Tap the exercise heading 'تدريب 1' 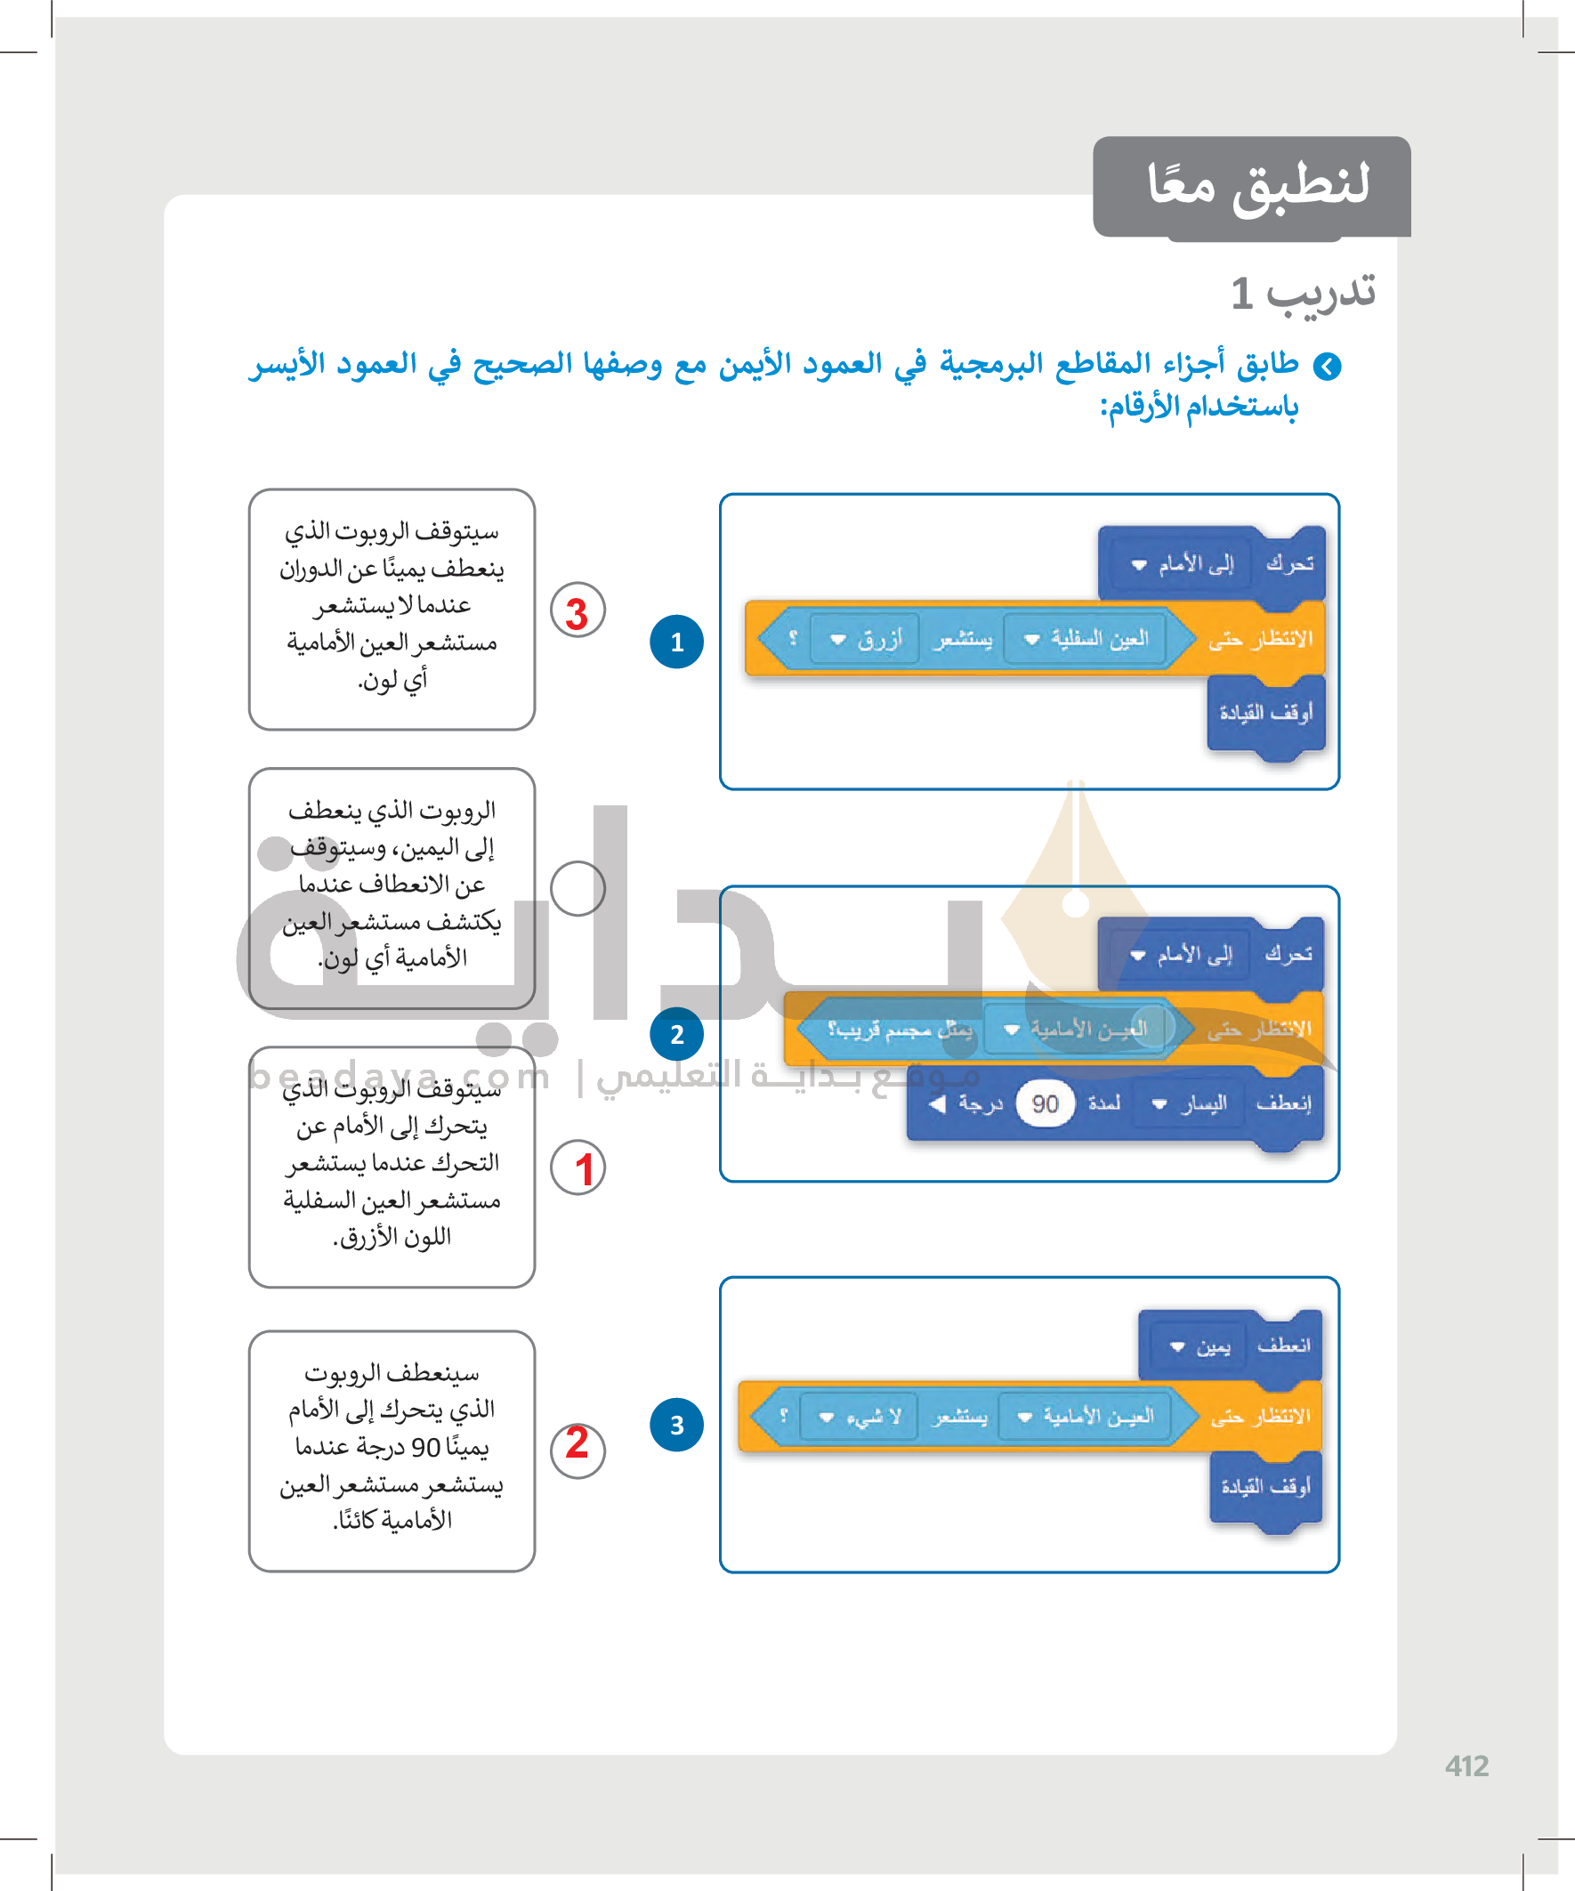[1302, 293]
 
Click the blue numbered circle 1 [676, 641]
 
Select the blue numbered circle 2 [676, 1034]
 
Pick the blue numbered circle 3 [676, 1425]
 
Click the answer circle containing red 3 [577, 610]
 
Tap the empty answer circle [577, 888]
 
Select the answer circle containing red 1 [577, 1168]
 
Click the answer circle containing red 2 [577, 1451]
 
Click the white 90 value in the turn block [1045, 1103]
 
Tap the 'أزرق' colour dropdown [864, 638]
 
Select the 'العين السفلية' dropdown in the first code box [1086, 638]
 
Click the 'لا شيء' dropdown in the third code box [858, 1417]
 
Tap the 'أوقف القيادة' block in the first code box [1265, 713]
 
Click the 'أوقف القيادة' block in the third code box [1265, 1486]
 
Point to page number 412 [1466, 1766]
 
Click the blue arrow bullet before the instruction [1327, 367]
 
